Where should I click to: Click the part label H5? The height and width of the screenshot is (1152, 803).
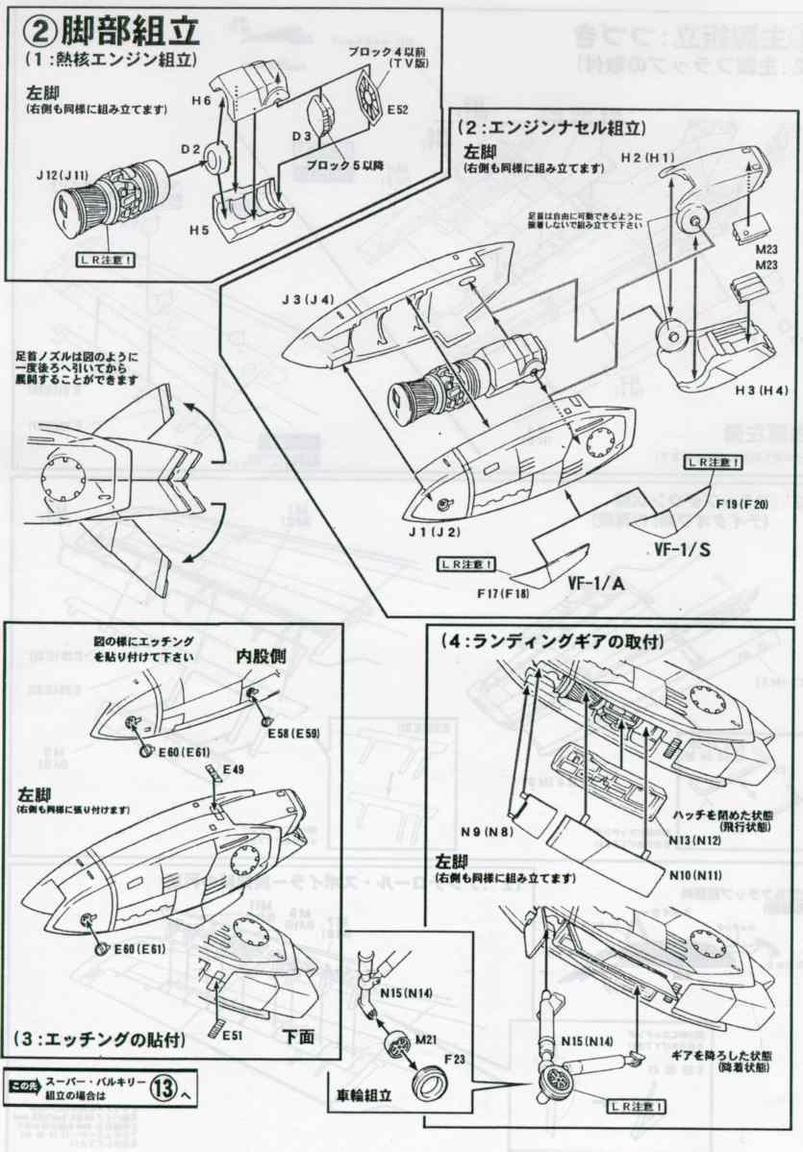(x=200, y=232)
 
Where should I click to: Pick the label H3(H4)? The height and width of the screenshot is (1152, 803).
(x=741, y=389)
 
